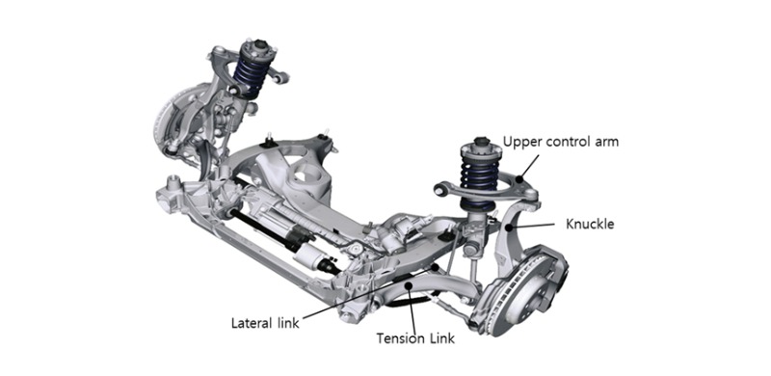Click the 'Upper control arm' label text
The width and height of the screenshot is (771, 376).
[560, 143]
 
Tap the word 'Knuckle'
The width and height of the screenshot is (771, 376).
[590, 224]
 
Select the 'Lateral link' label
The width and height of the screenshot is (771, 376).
[265, 323]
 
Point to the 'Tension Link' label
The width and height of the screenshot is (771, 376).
[415, 338]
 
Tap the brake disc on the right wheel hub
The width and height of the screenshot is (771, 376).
[522, 291]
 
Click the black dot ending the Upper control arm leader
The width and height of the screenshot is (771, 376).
[518, 180]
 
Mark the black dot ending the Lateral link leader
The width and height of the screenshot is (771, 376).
[436, 266]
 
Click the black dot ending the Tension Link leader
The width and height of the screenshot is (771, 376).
[407, 283]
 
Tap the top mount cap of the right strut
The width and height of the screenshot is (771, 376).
[480, 142]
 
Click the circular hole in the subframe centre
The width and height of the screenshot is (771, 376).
[306, 176]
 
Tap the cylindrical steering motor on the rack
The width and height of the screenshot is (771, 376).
[307, 255]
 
